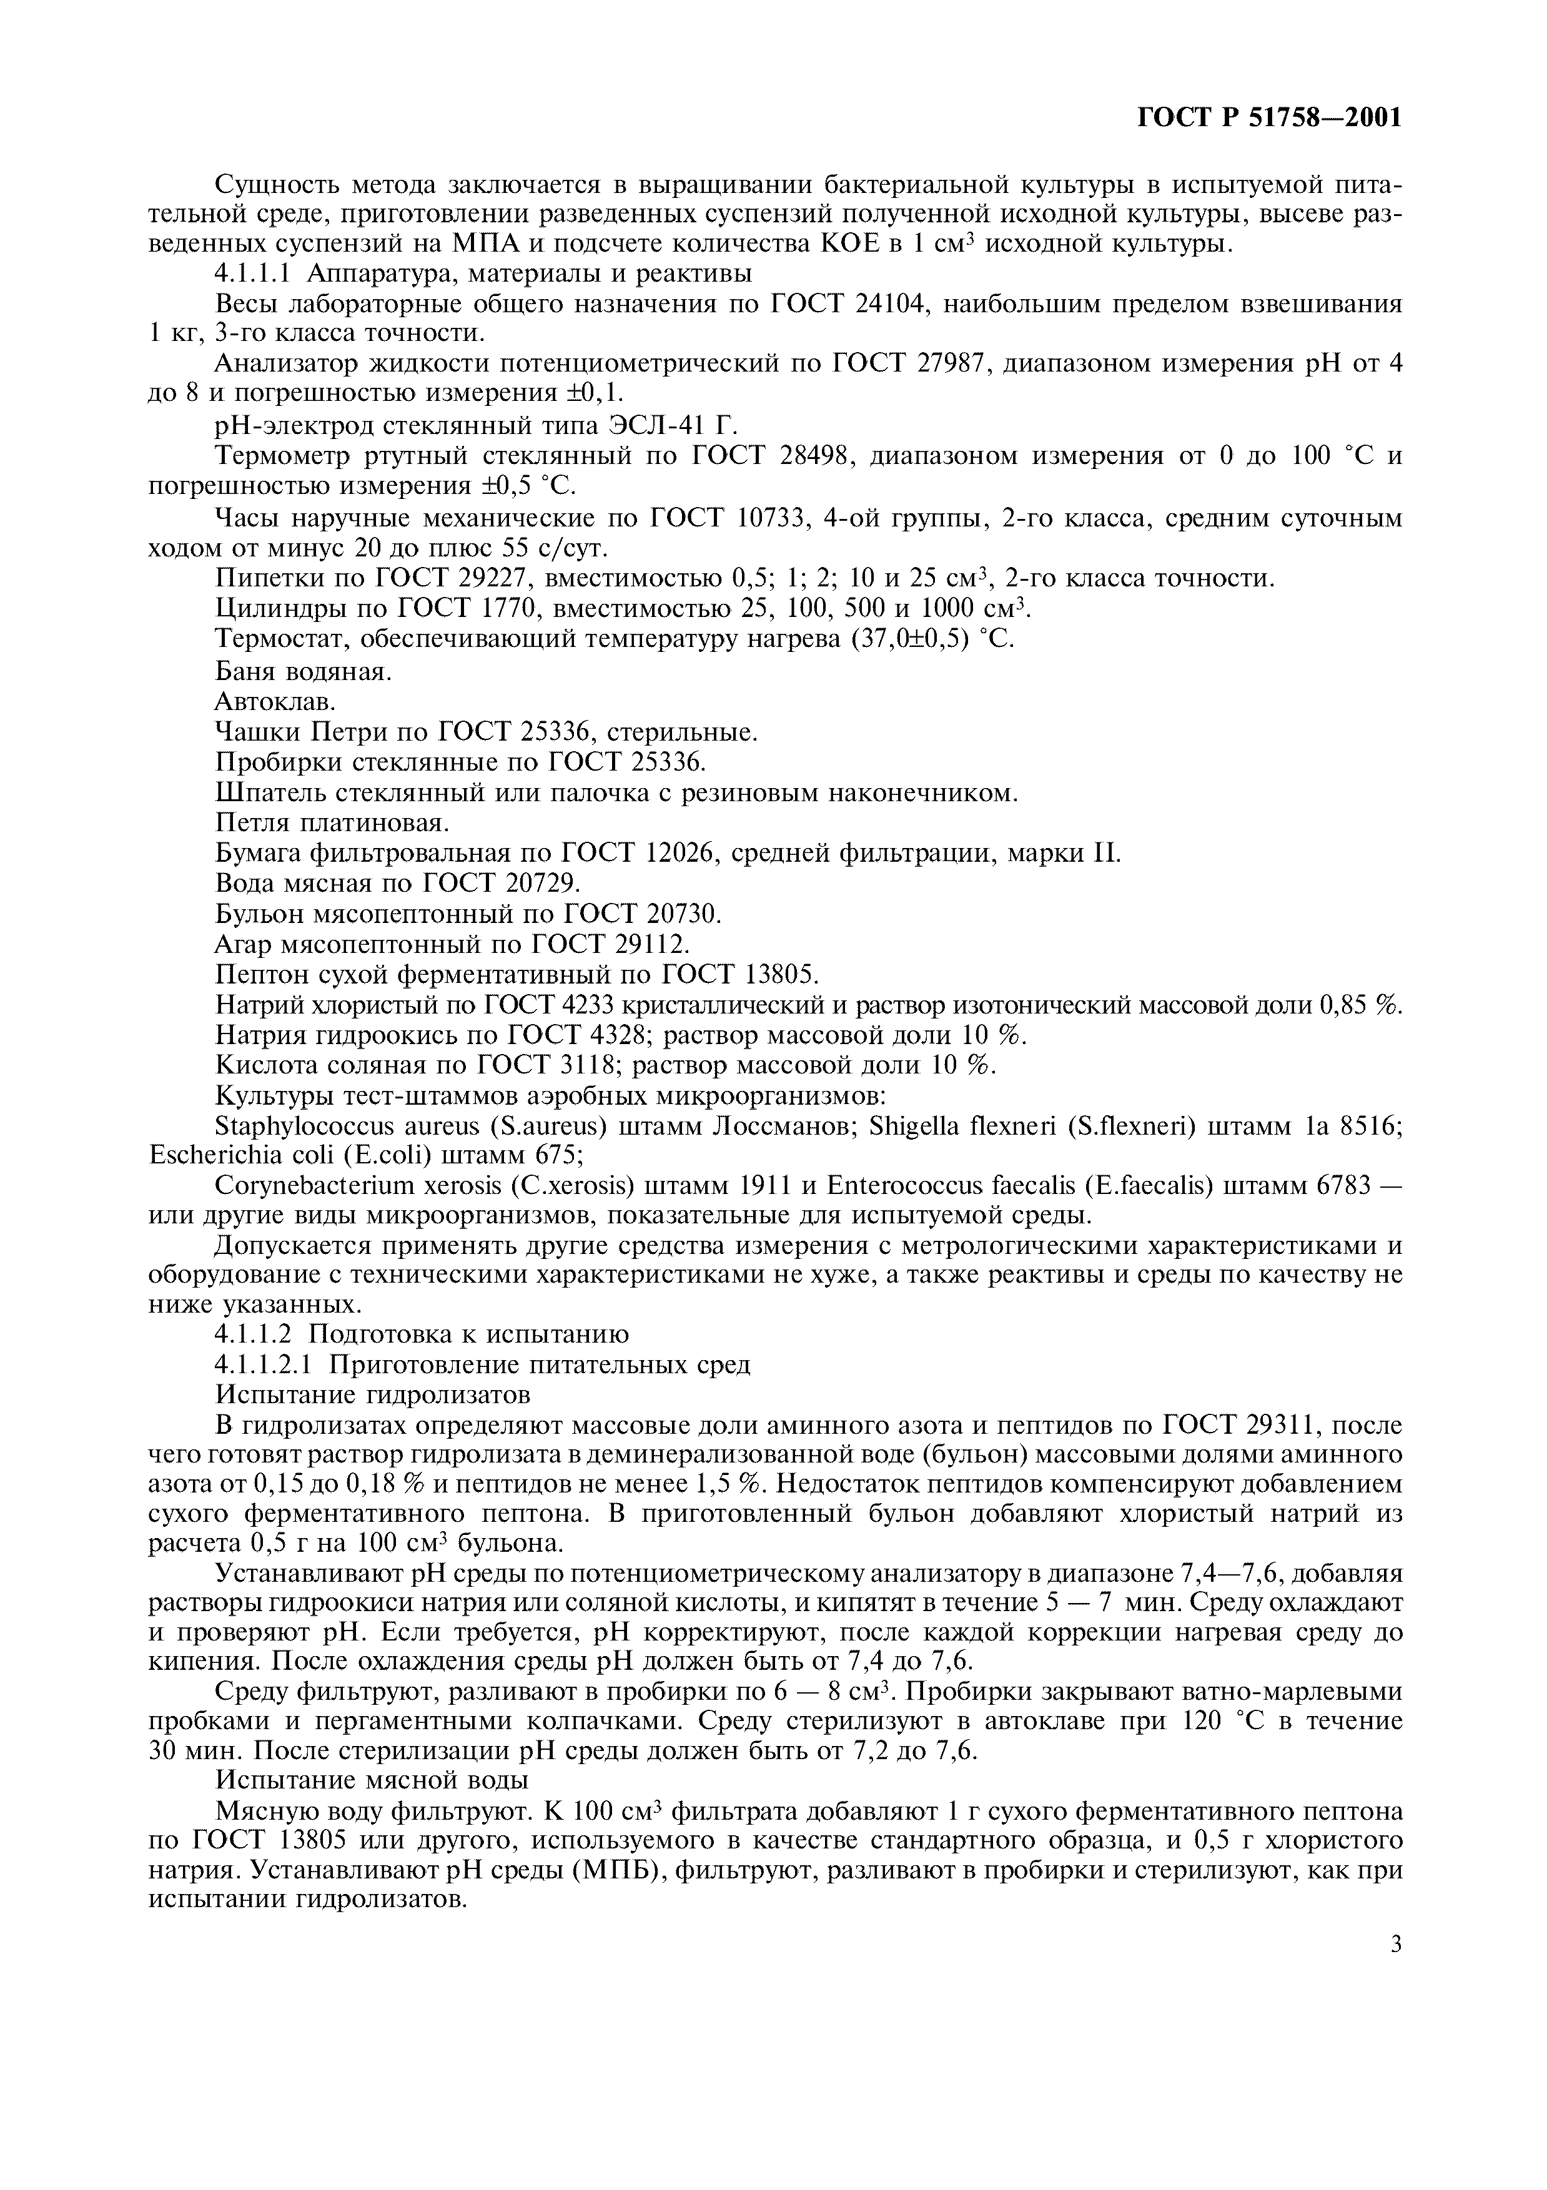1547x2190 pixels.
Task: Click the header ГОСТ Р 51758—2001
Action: (1270, 118)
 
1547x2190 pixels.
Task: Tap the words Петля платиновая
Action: (332, 822)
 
